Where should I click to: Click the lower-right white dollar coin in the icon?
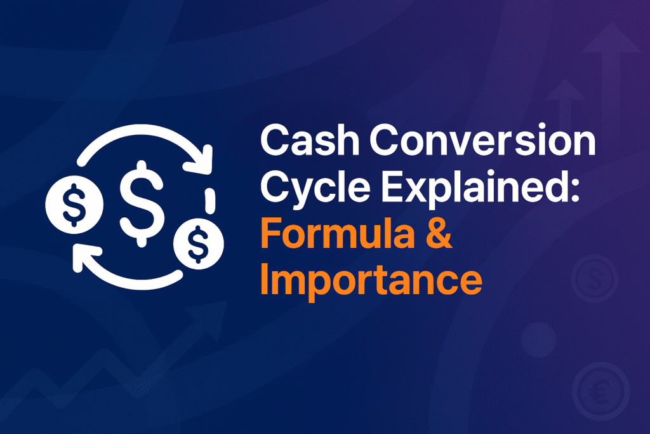[199, 243]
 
